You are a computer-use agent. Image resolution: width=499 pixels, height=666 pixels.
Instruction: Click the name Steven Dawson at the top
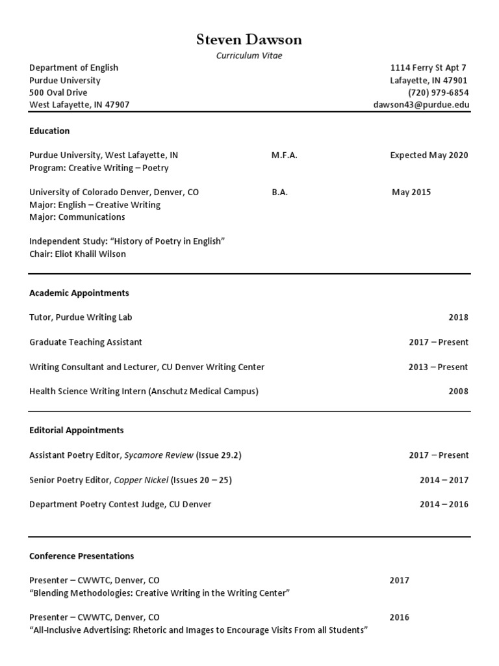click(x=249, y=40)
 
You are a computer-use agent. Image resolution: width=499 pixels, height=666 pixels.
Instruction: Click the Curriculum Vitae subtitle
click(x=249, y=56)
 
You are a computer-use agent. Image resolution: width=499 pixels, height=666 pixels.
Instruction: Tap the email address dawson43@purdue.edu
click(x=421, y=105)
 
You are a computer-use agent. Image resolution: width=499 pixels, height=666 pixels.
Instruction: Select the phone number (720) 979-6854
click(x=438, y=92)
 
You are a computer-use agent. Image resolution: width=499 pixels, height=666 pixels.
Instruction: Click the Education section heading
click(x=49, y=131)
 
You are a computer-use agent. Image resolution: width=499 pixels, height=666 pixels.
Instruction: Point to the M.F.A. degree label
click(x=285, y=155)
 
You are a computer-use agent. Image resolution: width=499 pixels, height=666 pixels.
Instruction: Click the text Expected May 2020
click(x=429, y=155)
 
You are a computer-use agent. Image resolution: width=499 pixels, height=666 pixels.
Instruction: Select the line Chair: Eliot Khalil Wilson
click(x=77, y=254)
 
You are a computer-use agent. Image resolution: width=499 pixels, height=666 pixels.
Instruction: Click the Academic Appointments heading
click(x=79, y=293)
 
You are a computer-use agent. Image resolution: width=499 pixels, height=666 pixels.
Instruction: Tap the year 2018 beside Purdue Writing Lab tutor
click(x=458, y=317)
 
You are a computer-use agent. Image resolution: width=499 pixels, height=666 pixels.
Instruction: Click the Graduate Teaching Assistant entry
click(x=86, y=342)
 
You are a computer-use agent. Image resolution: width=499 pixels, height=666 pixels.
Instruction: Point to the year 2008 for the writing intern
click(x=458, y=392)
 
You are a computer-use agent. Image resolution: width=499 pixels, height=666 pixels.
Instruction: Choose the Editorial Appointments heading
click(x=77, y=430)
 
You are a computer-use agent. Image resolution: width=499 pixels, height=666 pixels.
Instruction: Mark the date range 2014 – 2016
click(x=444, y=504)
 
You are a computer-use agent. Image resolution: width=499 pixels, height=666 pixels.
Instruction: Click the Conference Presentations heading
click(x=82, y=556)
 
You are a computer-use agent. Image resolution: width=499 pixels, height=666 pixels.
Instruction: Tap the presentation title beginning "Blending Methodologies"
click(x=159, y=593)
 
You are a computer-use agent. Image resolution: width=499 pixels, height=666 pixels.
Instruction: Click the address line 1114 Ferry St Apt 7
click(x=428, y=68)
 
